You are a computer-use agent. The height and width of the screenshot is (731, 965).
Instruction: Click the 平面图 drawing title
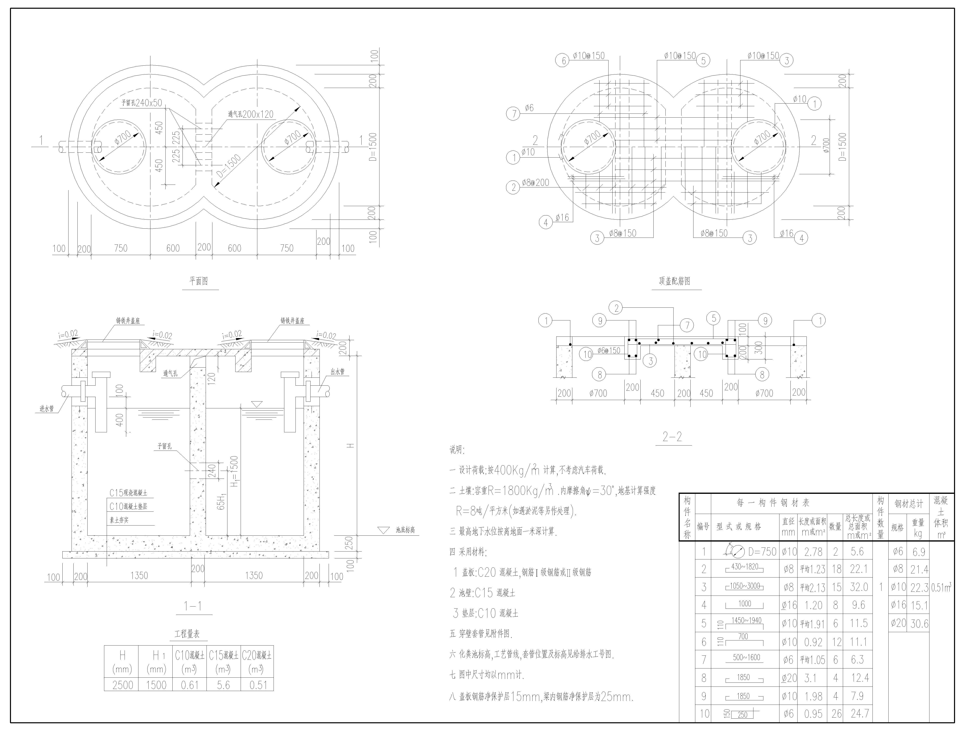199,281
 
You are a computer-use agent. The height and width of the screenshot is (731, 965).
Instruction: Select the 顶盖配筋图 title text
674,281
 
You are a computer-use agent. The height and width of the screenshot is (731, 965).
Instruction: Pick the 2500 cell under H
123,685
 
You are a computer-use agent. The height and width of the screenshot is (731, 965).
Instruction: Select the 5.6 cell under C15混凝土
223,685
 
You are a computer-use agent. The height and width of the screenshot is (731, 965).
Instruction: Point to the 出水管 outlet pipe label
337,371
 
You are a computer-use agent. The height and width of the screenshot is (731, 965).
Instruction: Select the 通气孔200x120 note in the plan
251,115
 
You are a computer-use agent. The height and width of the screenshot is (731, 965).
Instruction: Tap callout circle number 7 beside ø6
513,114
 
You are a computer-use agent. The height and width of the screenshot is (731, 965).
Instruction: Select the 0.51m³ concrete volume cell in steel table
941,588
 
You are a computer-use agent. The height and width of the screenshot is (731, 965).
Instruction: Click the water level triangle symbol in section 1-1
257,404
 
